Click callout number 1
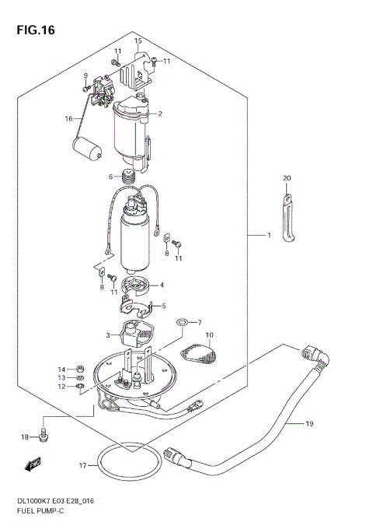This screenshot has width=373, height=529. [x=269, y=235]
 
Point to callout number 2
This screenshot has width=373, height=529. [x=159, y=114]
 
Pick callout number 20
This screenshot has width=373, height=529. [x=286, y=179]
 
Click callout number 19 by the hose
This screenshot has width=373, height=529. [x=309, y=424]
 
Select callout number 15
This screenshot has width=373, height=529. [x=138, y=40]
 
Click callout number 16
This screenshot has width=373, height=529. [x=68, y=118]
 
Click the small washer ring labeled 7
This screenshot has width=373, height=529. [x=182, y=322]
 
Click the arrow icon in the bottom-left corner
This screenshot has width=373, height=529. [x=32, y=465]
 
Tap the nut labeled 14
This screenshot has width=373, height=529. [x=80, y=369]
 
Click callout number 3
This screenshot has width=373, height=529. [x=108, y=336]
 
